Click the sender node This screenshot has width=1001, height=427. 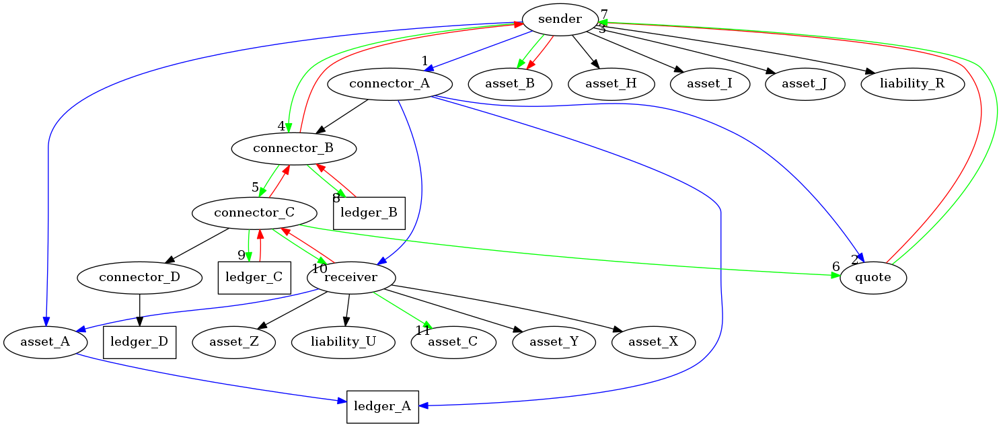point(560,20)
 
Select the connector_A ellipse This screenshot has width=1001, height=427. point(390,84)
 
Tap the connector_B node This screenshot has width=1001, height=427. point(293,149)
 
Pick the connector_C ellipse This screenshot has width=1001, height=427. point(254,213)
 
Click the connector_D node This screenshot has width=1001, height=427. point(139,278)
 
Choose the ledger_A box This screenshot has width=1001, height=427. point(383,407)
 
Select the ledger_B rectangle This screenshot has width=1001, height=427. point(369,213)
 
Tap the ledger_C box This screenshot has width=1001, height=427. point(254,278)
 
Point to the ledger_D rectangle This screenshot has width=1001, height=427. point(139,342)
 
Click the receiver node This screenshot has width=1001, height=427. point(351,278)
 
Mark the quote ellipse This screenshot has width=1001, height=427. point(873,278)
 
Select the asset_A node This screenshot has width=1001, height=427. point(45,342)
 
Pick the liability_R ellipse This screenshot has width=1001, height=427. point(912,84)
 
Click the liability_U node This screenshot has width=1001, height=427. point(343,342)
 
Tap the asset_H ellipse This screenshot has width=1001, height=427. point(611,84)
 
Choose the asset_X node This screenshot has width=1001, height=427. point(653,342)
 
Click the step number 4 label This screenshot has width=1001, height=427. point(281,126)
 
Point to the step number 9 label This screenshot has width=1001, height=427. point(242,256)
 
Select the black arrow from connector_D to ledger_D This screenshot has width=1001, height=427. point(139,310)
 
